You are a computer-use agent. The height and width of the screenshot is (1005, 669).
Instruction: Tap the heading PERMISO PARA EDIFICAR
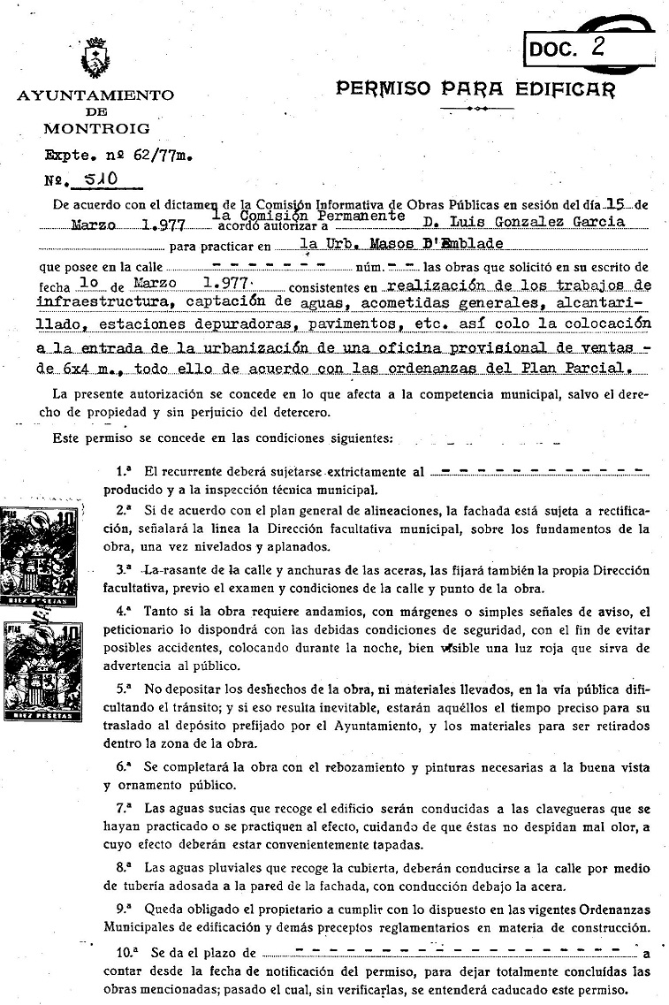[x=475, y=88]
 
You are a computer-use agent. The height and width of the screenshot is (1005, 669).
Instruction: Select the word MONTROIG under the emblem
[x=96, y=128]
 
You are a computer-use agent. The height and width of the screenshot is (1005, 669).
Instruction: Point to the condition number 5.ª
[x=125, y=685]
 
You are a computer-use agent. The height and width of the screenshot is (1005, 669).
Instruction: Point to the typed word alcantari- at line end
[x=604, y=305]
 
